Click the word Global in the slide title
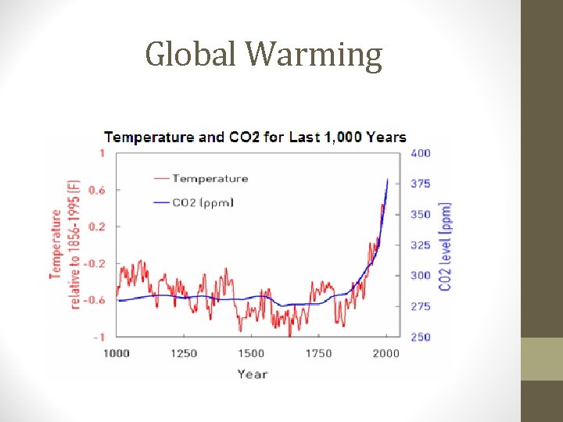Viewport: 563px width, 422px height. coord(192,55)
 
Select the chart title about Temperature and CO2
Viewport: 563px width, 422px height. coord(255,138)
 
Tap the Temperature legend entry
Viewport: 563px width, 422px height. coord(210,179)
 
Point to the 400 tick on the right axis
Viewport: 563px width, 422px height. coord(421,153)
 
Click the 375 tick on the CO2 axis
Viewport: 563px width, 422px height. coord(421,184)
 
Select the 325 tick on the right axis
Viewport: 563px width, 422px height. coord(421,245)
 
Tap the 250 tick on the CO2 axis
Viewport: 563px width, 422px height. coord(421,337)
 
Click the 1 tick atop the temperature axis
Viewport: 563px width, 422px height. coord(102,153)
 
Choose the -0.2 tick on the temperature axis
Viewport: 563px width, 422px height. coord(95,263)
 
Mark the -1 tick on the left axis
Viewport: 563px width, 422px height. coord(99,337)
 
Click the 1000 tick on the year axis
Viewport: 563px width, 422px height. coord(117,353)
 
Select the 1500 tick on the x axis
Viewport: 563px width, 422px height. coord(251,353)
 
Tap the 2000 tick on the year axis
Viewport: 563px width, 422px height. coord(386,353)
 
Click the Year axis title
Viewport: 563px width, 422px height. coord(252,374)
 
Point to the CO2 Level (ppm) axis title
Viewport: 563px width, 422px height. coord(445,246)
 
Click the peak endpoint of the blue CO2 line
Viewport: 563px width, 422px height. coord(387,179)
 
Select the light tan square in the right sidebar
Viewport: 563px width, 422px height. coord(542,359)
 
